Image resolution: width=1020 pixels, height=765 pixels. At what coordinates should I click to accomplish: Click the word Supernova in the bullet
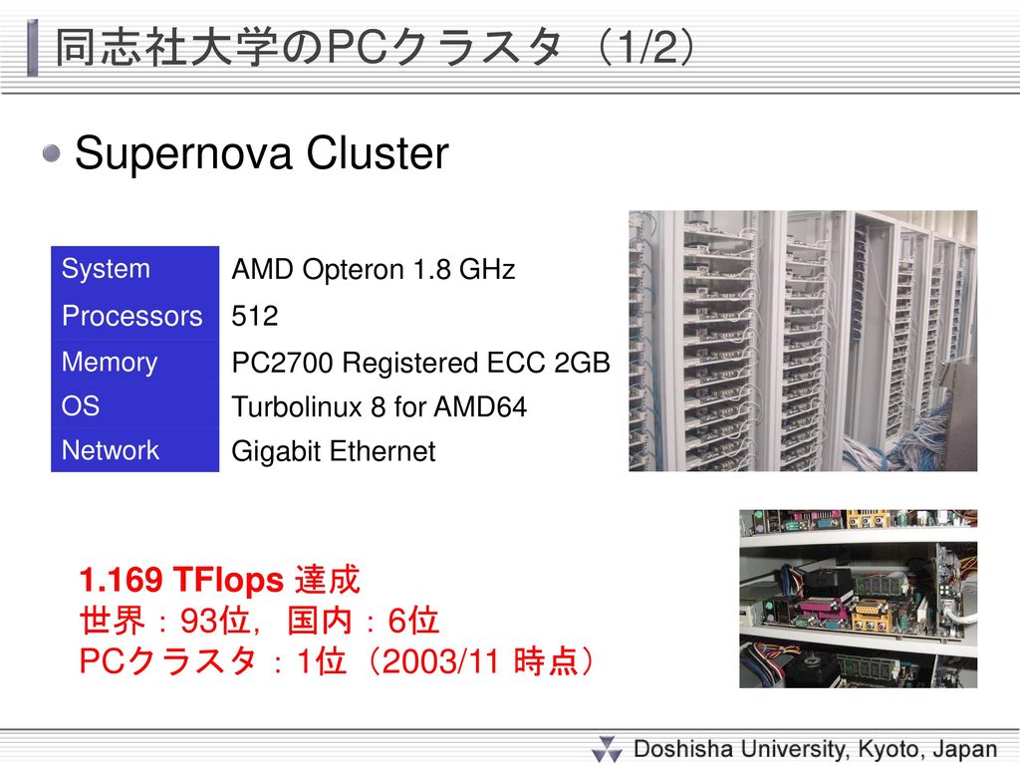[x=183, y=154]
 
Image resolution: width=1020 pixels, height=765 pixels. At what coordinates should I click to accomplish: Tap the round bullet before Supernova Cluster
[x=52, y=154]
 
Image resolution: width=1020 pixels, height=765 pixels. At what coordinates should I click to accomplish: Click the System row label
[x=106, y=269]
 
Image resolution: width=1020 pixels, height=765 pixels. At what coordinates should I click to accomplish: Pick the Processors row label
[x=132, y=316]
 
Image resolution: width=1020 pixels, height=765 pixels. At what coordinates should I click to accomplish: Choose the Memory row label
[x=110, y=363]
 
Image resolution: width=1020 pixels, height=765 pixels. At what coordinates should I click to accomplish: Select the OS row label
[x=81, y=406]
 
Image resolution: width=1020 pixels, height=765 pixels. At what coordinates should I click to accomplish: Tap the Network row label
[x=110, y=450]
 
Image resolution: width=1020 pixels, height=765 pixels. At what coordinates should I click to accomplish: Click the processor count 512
[x=254, y=316]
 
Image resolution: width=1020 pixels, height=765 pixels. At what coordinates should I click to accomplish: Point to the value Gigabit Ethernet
[x=333, y=451]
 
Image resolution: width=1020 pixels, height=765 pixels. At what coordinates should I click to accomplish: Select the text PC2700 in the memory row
[x=282, y=363]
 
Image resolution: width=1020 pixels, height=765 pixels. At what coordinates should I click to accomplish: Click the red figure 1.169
[x=121, y=580]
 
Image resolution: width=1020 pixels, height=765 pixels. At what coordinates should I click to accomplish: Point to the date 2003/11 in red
[x=440, y=661]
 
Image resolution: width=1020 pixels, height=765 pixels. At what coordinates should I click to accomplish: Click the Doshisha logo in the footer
[x=608, y=749]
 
